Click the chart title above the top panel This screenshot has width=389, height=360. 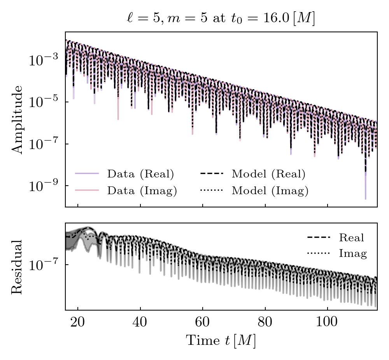tap(221, 19)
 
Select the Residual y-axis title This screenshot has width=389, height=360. tap(17, 267)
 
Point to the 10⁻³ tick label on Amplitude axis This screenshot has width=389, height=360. tap(43, 60)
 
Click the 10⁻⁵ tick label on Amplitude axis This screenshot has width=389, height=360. tap(43, 102)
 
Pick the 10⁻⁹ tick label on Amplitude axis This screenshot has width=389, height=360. tap(43, 186)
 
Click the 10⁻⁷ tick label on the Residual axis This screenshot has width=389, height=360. tap(43, 265)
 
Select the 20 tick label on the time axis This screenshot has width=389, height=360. tap(78, 323)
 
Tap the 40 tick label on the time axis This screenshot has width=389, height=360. tap(140, 323)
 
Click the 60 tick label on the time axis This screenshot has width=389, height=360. tap(202, 323)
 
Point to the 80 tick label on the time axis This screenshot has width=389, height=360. tap(265, 323)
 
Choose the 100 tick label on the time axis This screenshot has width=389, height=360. tap(327, 323)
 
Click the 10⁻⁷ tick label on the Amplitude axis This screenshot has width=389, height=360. tap(43, 144)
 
